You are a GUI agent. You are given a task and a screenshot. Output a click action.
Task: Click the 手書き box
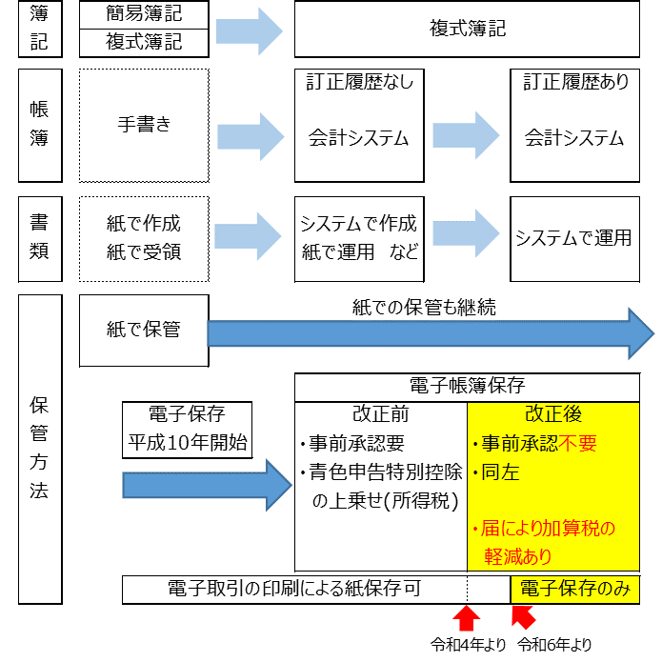pyautogui.click(x=144, y=125)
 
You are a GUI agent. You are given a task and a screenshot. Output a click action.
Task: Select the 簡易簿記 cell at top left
pyautogui.click(x=144, y=15)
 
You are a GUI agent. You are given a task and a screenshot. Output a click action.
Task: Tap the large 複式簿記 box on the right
pyautogui.click(x=467, y=29)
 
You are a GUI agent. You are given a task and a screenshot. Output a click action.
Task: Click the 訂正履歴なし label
pyautogui.click(x=359, y=83)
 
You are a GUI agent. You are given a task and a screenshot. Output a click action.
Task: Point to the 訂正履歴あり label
pyautogui.click(x=575, y=83)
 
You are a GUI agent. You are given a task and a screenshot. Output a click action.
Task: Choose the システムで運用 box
pyautogui.click(x=573, y=238)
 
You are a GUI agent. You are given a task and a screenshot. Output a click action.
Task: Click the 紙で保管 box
pyautogui.click(x=144, y=331)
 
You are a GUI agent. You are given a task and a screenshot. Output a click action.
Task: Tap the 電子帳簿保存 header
pyautogui.click(x=467, y=387)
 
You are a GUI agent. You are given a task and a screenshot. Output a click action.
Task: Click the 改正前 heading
pyautogui.click(x=379, y=415)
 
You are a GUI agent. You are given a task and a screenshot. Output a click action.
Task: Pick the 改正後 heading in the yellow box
pyautogui.click(x=552, y=415)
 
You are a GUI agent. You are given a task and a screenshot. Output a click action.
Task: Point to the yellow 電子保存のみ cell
pyautogui.click(x=575, y=590)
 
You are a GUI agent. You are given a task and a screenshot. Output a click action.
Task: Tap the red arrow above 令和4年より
pyautogui.click(x=467, y=618)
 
